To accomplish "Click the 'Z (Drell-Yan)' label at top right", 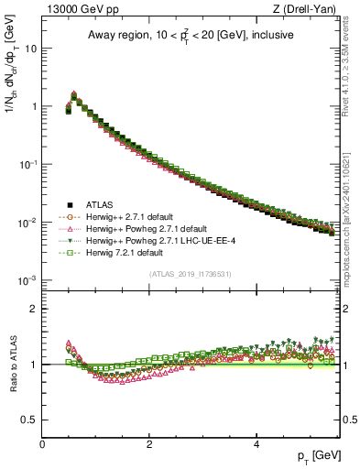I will click(306, 10).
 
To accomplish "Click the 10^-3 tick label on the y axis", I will click(27, 280).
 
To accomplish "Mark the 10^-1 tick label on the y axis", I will click(27, 164).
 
